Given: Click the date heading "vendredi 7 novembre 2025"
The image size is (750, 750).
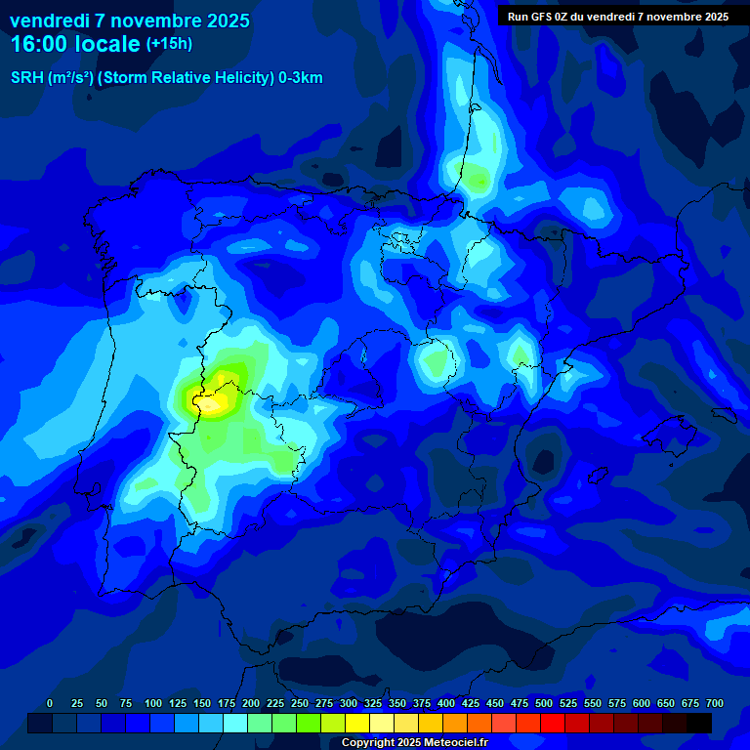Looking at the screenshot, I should click(129, 21).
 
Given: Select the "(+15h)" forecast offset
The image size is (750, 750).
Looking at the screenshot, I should click(169, 43).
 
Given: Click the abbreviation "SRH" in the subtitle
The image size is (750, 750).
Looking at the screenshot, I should click(26, 78).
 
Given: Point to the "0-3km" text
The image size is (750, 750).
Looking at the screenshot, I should click(301, 78).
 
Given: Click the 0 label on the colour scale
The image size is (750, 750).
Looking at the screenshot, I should click(50, 703).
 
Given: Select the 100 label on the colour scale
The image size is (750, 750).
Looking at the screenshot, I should click(153, 703).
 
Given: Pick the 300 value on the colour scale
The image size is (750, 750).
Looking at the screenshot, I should click(349, 703).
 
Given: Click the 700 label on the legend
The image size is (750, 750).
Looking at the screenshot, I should click(715, 703).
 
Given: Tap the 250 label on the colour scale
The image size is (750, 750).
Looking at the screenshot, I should click(300, 703).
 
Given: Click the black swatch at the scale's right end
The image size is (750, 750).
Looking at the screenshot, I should click(699, 723).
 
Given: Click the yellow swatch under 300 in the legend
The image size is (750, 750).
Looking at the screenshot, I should click(357, 723).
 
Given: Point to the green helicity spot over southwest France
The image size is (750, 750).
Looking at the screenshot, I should click(477, 179).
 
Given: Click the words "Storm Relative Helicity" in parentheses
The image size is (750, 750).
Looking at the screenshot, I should click(186, 78).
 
